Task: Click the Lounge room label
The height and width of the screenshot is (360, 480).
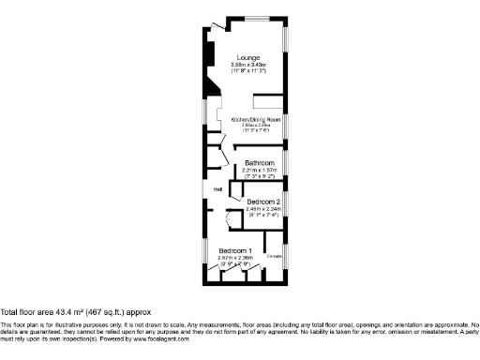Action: coord(248,57)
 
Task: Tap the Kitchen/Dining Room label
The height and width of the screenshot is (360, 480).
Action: coord(257,119)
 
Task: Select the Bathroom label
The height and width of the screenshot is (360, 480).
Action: coord(260,162)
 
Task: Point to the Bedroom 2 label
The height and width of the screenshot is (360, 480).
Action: coord(263,202)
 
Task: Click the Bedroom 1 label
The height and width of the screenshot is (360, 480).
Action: coord(235,250)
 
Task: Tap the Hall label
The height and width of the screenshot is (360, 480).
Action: coord(217,190)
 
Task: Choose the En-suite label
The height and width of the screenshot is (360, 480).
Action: coord(274,254)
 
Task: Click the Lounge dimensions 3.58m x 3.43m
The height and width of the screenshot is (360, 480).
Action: coord(248,65)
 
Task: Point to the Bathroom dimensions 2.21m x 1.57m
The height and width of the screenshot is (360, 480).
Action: coord(260,170)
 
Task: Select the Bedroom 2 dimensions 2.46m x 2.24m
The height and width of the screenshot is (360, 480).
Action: coord(263,209)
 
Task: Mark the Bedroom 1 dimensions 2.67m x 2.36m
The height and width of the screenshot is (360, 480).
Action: coord(235,258)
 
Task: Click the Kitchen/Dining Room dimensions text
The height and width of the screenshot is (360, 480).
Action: coord(257,125)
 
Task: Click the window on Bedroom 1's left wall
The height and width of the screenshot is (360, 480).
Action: coord(205,251)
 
